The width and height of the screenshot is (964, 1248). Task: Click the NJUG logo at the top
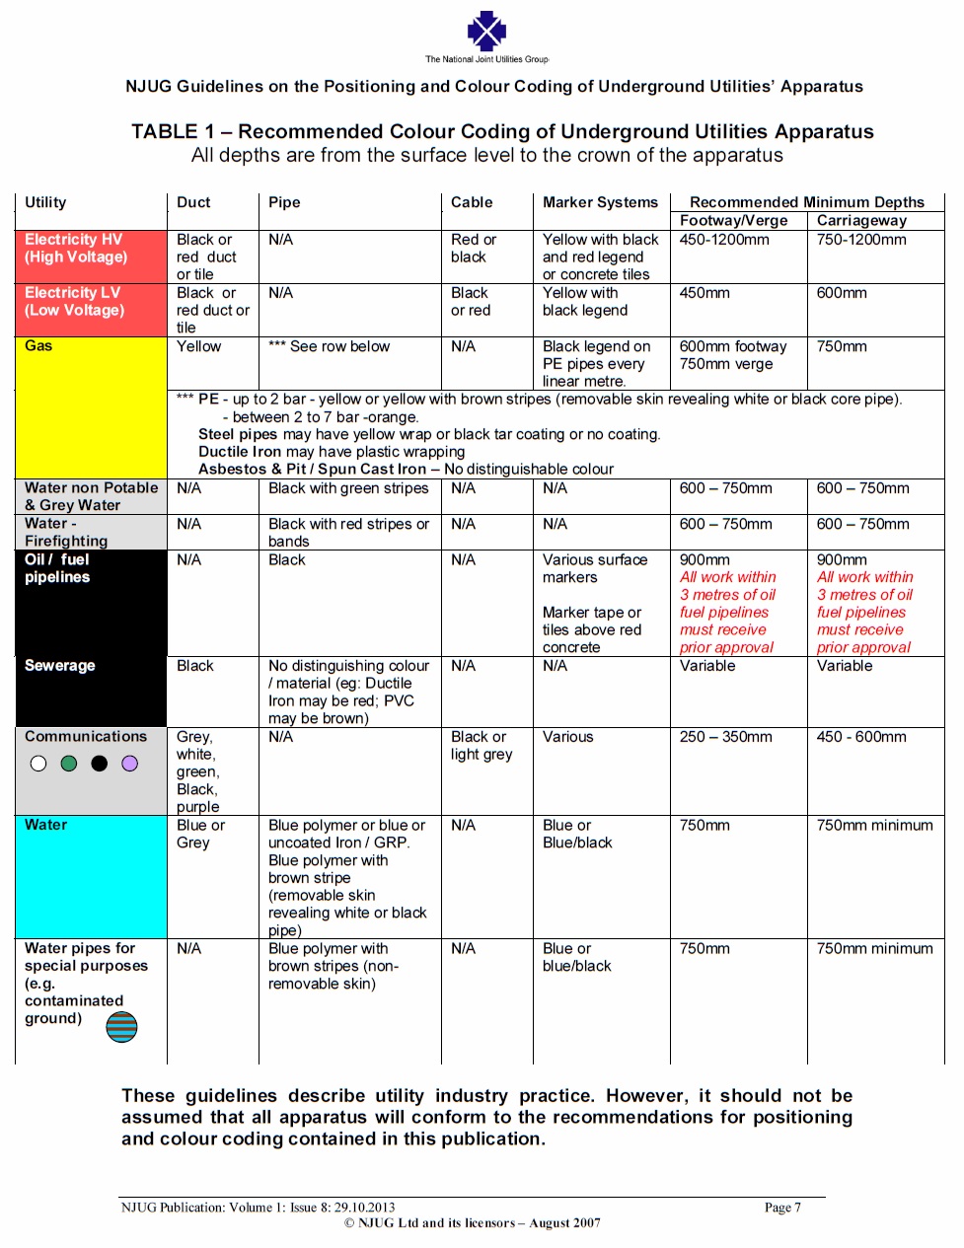tap(486, 32)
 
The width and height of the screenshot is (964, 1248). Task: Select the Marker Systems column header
tap(600, 202)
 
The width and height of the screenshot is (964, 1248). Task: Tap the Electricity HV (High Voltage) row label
tap(76, 249)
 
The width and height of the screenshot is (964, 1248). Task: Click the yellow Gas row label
tap(39, 346)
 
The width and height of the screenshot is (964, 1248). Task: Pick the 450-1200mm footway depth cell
tap(724, 240)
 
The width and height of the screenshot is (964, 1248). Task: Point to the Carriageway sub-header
tap(861, 221)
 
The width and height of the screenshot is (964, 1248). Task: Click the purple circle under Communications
tap(130, 764)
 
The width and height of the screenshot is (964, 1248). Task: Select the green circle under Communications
tap(69, 764)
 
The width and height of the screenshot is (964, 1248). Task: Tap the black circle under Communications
tap(100, 764)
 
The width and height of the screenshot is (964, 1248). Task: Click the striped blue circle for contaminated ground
tap(122, 1027)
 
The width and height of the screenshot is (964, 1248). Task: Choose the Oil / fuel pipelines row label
tap(57, 568)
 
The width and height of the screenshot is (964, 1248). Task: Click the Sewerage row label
tap(60, 666)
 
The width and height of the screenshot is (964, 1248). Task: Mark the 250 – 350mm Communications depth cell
tap(726, 737)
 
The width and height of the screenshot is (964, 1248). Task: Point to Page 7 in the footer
tap(782, 1208)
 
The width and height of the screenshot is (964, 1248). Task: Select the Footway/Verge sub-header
tap(733, 221)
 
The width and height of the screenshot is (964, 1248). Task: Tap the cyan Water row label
tap(46, 826)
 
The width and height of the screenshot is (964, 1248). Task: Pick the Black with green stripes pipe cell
tap(348, 488)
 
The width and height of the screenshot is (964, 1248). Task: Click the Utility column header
tap(45, 202)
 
